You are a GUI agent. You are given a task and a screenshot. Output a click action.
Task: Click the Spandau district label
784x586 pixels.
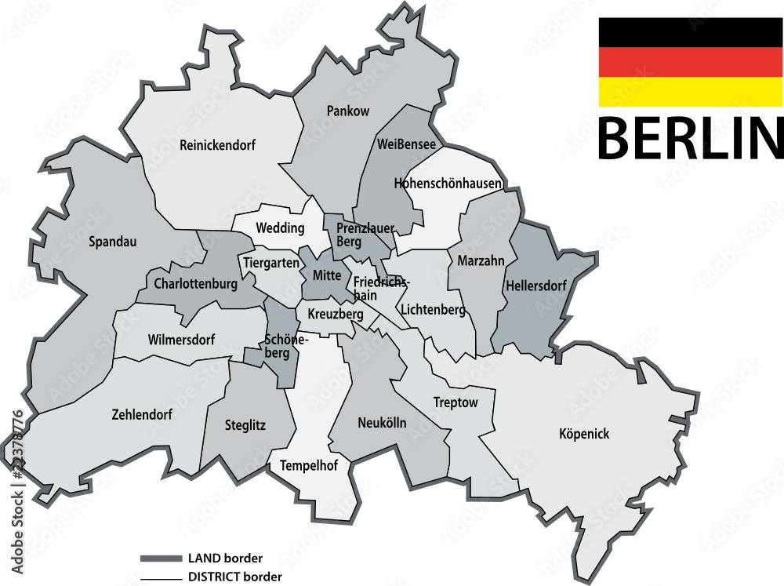click(113, 242)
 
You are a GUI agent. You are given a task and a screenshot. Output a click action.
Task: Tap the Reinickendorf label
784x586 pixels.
click(217, 145)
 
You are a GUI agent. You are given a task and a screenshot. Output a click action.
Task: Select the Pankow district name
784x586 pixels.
click(347, 111)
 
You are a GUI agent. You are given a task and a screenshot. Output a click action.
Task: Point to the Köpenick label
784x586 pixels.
click(584, 434)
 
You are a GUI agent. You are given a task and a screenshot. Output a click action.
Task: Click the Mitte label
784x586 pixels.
click(327, 275)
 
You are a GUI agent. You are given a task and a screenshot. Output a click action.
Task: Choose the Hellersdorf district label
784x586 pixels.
click(536, 286)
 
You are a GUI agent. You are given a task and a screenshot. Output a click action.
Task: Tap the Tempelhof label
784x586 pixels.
click(309, 466)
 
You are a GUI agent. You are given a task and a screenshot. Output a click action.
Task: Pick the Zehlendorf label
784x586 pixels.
click(141, 414)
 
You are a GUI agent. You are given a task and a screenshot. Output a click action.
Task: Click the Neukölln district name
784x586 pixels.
click(382, 423)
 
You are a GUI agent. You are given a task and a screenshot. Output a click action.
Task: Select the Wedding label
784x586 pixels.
click(280, 228)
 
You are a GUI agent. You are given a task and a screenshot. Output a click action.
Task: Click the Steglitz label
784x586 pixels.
click(245, 425)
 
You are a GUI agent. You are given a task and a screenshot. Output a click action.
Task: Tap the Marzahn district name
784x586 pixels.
click(476, 260)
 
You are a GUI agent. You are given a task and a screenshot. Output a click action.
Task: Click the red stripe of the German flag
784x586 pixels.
click(690, 62)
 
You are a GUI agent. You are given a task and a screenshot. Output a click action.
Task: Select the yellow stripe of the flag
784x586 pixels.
click(690, 92)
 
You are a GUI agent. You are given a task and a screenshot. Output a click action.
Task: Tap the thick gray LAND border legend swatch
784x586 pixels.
click(161, 559)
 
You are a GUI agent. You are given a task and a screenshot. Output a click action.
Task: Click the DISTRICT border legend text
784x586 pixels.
click(234, 577)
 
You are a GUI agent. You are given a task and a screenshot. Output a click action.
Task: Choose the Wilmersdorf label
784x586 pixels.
click(181, 340)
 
